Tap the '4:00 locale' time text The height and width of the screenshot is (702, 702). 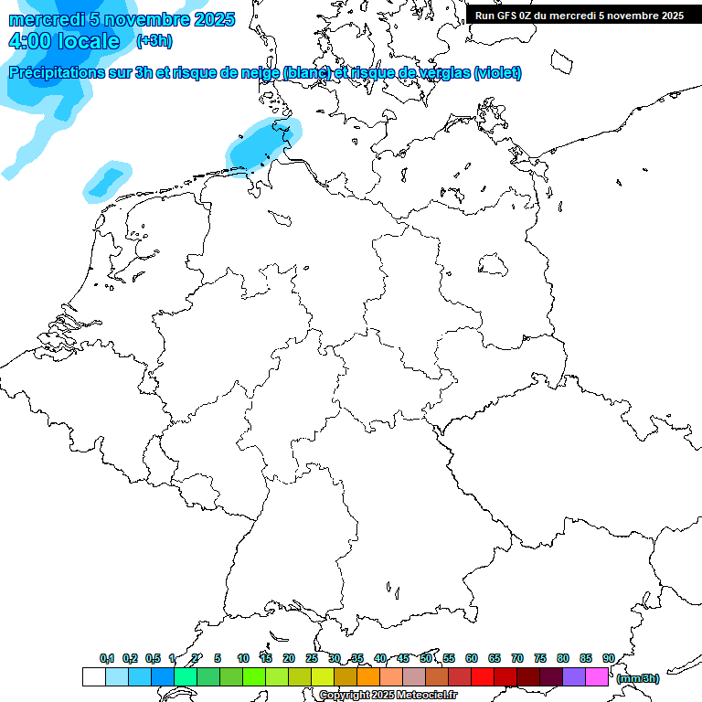tap(64, 41)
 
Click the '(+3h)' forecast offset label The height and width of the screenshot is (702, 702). tap(154, 41)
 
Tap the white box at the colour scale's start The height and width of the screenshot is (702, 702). tap(93, 677)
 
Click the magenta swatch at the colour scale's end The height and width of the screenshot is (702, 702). tap(597, 677)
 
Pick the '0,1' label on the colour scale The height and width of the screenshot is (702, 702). tap(107, 659)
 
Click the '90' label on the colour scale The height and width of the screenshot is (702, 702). tap(609, 659)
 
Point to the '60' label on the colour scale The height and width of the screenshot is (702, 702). tap(472, 659)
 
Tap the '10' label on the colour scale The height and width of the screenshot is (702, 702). tap(243, 659)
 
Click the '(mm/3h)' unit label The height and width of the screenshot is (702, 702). tap(638, 679)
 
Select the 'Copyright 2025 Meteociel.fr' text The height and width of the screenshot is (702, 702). tap(388, 695)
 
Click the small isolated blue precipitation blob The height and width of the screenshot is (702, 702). tap(106, 181)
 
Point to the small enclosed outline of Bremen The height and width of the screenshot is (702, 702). tap(280, 218)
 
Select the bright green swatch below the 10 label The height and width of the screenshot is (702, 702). tap(253, 677)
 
